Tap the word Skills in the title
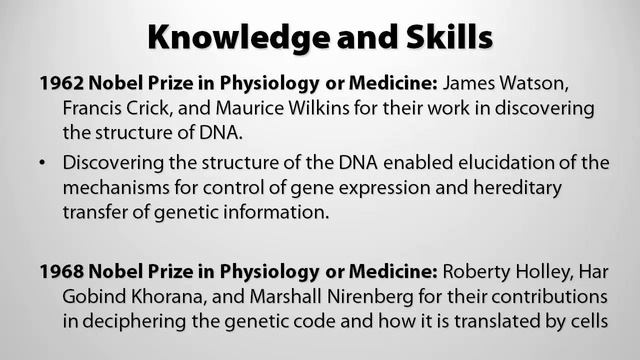[x=444, y=37]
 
